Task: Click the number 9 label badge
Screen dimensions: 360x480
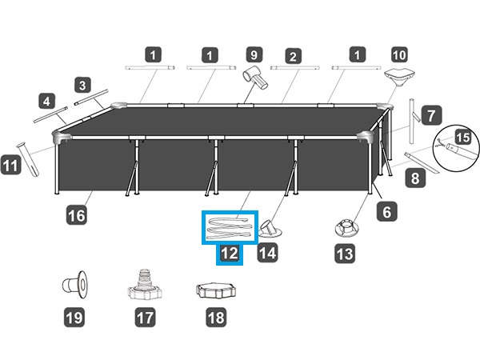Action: pos(254,56)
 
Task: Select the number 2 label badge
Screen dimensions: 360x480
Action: pos(294,56)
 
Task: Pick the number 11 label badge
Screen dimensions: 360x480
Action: pos(12,166)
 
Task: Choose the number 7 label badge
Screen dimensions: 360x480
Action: pos(430,114)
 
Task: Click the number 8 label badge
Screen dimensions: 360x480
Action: pos(414,178)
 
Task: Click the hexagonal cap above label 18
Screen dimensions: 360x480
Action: pos(215,290)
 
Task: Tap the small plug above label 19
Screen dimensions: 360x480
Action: pos(74,286)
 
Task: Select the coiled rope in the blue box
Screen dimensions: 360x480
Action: pos(229,227)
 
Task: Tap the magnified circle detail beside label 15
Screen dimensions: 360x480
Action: pos(452,152)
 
